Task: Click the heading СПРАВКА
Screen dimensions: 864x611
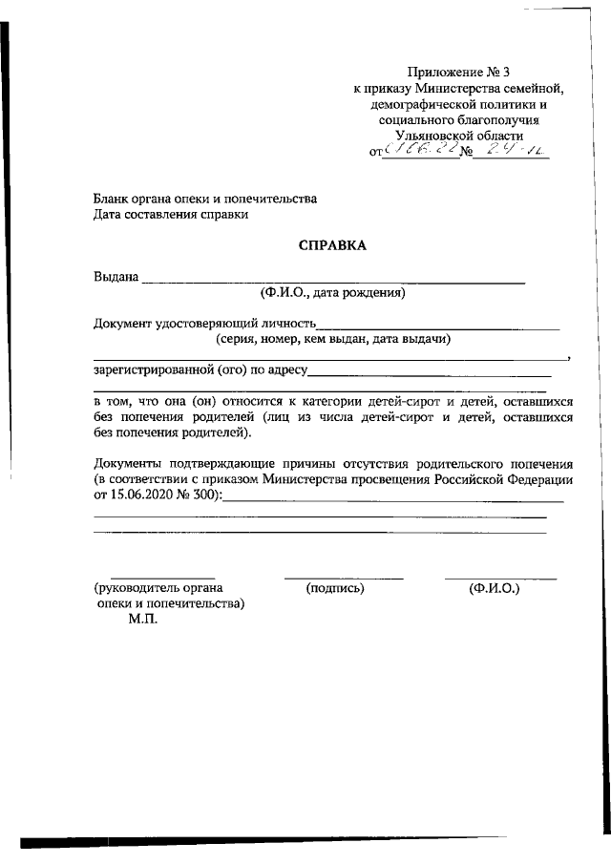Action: pyautogui.click(x=332, y=245)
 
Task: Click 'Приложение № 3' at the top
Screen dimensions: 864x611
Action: pyautogui.click(x=453, y=72)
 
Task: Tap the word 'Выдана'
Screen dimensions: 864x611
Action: pyautogui.click(x=116, y=277)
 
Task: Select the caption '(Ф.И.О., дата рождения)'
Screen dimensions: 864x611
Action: pyautogui.click(x=332, y=293)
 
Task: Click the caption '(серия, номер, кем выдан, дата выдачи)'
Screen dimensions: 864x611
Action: pyautogui.click(x=332, y=339)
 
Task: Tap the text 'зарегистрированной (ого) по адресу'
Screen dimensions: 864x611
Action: pyautogui.click(x=200, y=369)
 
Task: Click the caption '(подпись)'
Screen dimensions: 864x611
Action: pyautogui.click(x=335, y=588)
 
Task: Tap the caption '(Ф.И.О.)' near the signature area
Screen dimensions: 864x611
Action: pyautogui.click(x=494, y=588)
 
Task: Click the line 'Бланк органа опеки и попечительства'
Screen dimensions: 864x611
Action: pyautogui.click(x=204, y=200)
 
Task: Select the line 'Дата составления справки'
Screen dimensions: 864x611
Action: pyautogui.click(x=171, y=216)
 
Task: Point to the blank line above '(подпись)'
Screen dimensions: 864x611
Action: pyautogui.click(x=343, y=577)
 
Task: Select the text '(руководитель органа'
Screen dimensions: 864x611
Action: pyautogui.click(x=158, y=588)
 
